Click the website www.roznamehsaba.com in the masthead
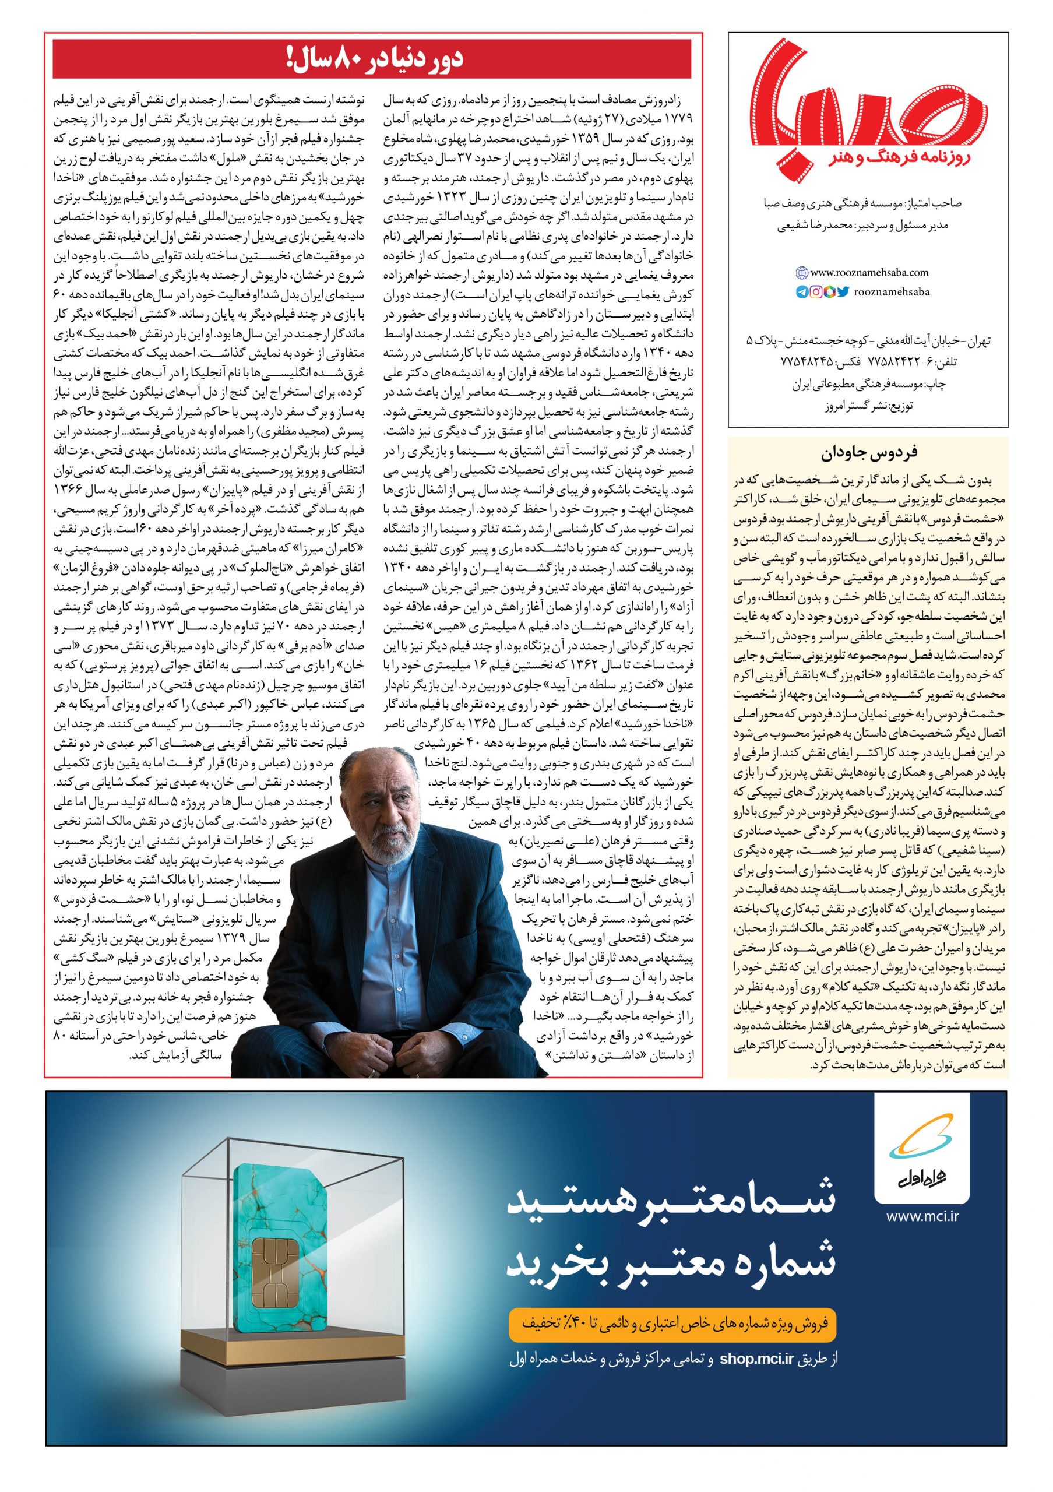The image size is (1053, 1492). point(870,273)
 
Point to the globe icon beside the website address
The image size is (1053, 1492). point(802,273)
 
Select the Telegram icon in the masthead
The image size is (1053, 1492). point(802,293)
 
